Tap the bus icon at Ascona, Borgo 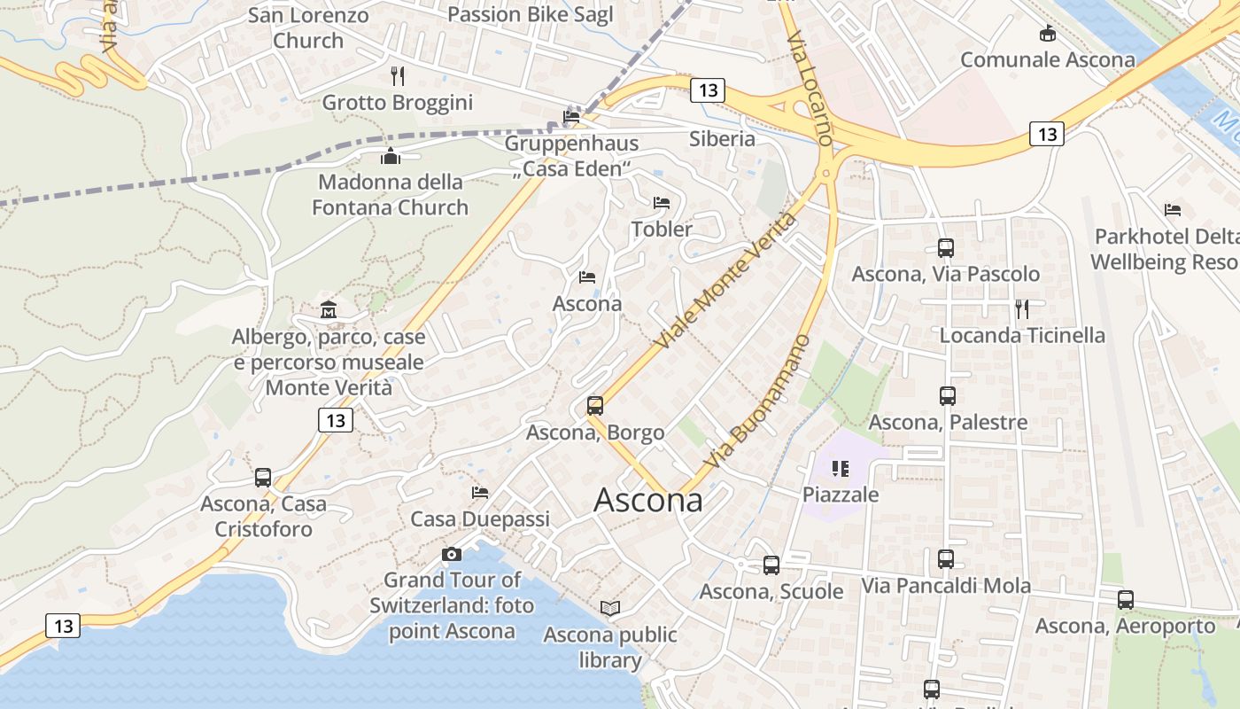coord(595,406)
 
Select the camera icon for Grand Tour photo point coord(452,555)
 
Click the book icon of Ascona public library coord(610,608)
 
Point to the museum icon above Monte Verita coord(329,309)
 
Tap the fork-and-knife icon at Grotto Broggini coord(398,76)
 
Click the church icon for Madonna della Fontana coord(391,157)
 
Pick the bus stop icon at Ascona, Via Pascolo coord(946,248)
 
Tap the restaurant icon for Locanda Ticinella coord(1022,308)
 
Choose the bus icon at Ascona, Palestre coord(948,396)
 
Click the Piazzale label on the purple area coord(841,495)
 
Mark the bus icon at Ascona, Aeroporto coord(1126,600)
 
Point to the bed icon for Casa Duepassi coord(480,493)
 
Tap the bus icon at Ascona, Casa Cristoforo coord(263,478)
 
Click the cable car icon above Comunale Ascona coord(1048,35)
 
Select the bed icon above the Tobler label coord(662,203)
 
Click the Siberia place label coord(722,139)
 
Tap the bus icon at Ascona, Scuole coord(771,565)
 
